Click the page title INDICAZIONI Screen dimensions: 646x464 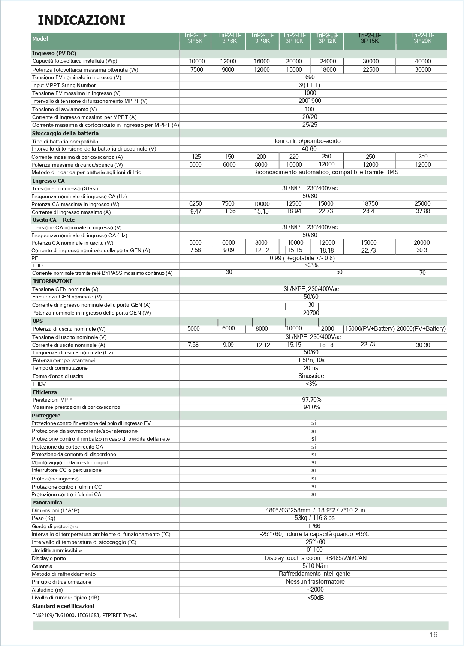81,20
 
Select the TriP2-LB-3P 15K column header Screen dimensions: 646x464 370,38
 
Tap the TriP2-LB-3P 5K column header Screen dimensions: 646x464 195,38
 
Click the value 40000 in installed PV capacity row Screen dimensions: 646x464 422,62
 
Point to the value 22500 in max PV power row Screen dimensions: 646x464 370,70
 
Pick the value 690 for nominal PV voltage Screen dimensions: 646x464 310,77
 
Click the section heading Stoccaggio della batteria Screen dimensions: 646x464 65,133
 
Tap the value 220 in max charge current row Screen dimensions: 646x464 294,157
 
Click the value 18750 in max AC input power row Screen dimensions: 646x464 370,204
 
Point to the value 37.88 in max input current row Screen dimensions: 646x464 423,211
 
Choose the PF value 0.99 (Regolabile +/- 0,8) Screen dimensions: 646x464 302,258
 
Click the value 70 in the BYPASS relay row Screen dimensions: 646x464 422,273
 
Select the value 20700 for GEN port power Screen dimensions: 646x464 311,313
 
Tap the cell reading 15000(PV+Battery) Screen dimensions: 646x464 370,329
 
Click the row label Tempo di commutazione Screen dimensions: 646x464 60,368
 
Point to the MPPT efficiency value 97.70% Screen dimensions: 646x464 311,400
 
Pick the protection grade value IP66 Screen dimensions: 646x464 314,526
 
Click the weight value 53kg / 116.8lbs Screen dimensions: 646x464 314,518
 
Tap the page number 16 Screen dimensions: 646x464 433,635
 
